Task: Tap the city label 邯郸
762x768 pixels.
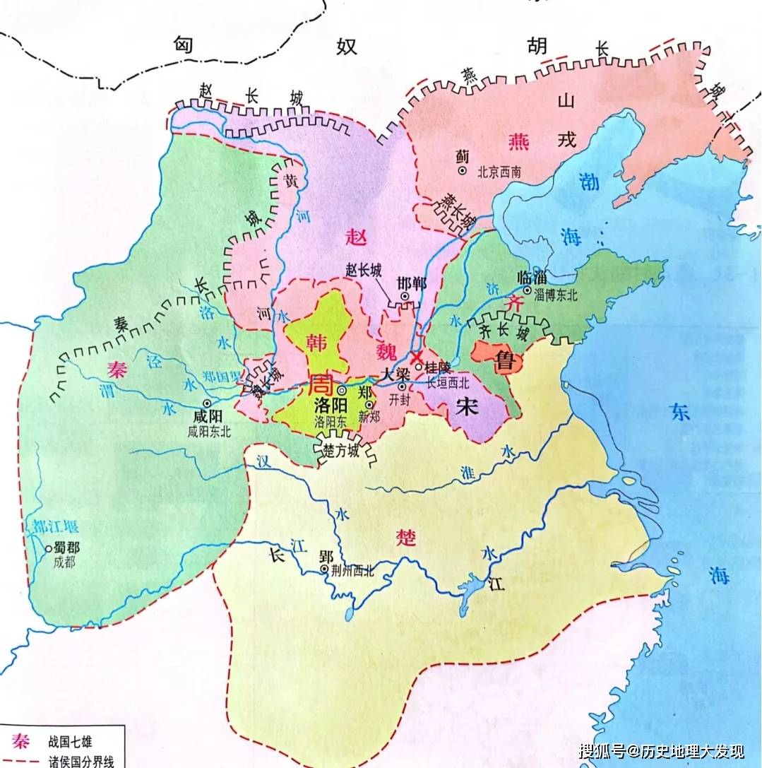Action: click(412, 282)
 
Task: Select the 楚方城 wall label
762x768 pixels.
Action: click(340, 451)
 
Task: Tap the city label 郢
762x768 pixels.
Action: click(326, 555)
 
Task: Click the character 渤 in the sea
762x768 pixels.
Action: click(588, 182)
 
